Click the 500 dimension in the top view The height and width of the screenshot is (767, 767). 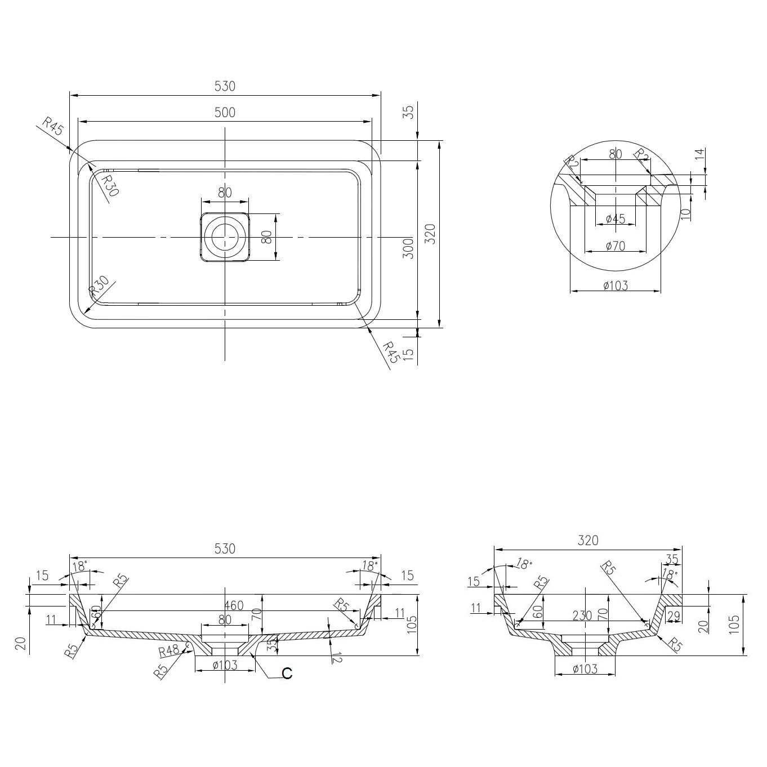[225, 113]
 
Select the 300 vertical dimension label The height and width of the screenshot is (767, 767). [409, 248]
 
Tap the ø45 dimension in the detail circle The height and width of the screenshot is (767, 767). [615, 219]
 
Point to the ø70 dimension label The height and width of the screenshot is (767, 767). [615, 246]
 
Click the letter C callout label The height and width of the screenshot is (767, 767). [287, 674]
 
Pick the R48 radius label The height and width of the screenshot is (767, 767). [169, 651]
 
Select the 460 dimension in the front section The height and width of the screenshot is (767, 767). [234, 606]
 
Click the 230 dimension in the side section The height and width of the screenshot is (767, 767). [582, 616]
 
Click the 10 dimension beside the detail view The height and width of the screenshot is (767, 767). [685, 214]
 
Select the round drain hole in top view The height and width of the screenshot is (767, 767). [225, 237]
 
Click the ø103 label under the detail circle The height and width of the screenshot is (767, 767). [615, 286]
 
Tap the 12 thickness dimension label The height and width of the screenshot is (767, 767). [336, 657]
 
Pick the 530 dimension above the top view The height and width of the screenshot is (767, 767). [225, 86]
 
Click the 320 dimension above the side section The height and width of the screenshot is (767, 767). [587, 540]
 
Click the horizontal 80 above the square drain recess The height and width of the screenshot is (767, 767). [225, 193]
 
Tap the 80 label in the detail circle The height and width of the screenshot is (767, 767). [615, 154]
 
